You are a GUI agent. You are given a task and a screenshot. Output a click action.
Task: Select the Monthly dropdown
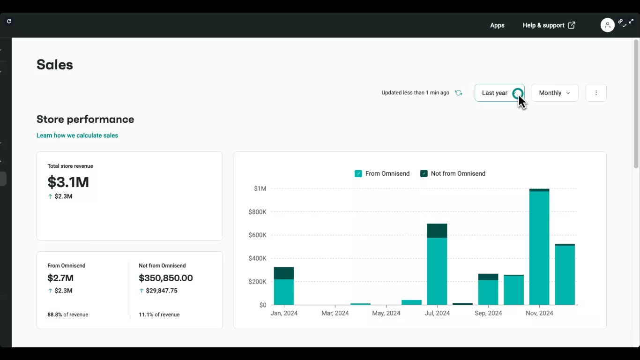[555, 93]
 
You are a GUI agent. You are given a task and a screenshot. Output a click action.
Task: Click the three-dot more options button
[596, 93]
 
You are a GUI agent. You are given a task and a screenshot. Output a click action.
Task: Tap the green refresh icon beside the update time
[459, 93]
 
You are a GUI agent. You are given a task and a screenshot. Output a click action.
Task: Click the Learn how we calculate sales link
[77, 135]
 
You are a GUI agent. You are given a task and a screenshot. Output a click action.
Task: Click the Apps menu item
[497, 25]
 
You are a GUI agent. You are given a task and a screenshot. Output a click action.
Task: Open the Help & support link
[549, 25]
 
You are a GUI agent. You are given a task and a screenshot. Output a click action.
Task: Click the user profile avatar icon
[607, 25]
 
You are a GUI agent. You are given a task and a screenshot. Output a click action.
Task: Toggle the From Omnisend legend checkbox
[358, 173]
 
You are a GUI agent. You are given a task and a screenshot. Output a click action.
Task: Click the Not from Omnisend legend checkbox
[424, 173]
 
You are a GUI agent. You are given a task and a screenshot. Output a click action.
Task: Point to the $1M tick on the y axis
[260, 188]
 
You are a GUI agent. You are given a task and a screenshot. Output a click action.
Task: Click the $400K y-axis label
[257, 258]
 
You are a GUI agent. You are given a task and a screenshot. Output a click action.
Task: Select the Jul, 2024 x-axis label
[437, 313]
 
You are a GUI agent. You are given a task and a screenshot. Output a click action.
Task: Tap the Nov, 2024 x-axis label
[539, 313]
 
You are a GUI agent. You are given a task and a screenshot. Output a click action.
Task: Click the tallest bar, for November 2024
[539, 248]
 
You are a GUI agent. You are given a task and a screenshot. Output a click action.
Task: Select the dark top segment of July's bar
[437, 231]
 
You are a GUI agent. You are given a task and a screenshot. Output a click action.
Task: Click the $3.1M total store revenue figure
[68, 182]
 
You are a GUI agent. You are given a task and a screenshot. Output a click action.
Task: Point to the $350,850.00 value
[166, 278]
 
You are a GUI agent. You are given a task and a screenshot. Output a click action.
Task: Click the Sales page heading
[55, 65]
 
